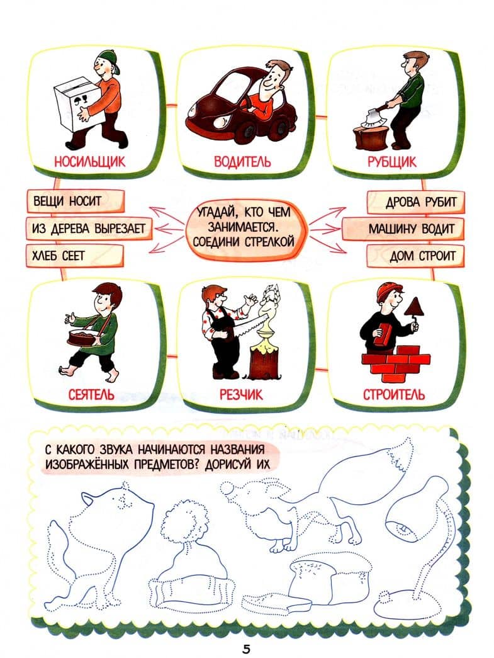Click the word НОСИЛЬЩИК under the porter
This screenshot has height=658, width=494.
coord(89,161)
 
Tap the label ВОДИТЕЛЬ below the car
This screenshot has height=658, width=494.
coord(242,161)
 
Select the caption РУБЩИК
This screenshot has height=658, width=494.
coord(392,161)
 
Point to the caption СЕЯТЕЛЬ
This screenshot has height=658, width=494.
coord(91,394)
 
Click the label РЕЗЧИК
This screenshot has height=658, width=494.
coord(241,394)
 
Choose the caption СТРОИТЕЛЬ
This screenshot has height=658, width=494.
coord(394,394)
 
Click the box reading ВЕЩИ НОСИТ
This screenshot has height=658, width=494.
coord(76,201)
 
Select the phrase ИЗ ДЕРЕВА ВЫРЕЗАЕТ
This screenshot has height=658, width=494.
coord(89,229)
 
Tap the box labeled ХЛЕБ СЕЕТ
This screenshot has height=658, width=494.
coord(76,256)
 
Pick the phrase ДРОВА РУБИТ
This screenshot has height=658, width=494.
coord(420,202)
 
